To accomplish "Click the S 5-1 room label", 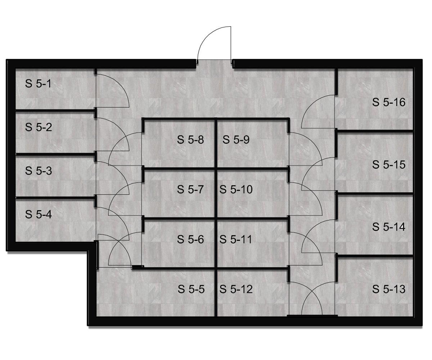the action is tap(38, 84).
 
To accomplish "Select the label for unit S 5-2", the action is tap(39, 127).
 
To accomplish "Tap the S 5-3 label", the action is tap(39, 171).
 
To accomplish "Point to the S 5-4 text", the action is tap(39, 214).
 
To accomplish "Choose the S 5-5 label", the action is tap(191, 289).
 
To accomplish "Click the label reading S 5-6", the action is tap(190, 239).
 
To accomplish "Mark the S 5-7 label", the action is tap(190, 189).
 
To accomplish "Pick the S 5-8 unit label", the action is tap(190, 140).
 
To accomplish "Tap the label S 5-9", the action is tap(236, 140).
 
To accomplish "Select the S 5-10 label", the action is tap(236, 189).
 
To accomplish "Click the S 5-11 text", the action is tap(236, 239).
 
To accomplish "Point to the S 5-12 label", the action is tap(236, 289).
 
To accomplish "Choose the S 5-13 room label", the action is tap(389, 289).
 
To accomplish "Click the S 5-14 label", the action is tap(389, 227).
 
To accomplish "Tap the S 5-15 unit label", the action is tap(389, 165).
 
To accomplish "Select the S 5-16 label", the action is tap(389, 102).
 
